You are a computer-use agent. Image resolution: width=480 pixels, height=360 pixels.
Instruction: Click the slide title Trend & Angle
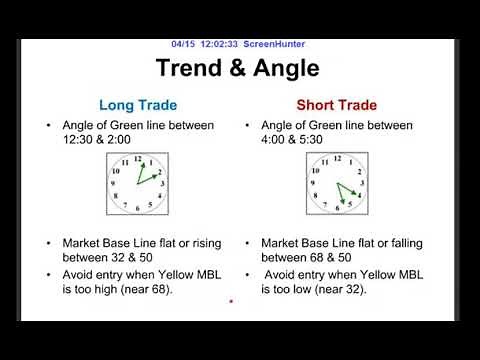[x=237, y=68]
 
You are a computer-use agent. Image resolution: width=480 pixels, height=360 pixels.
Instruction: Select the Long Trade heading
[x=137, y=104]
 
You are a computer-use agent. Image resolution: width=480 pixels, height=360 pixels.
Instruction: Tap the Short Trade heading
[x=335, y=104]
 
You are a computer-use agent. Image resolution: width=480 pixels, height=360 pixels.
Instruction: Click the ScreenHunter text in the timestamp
[x=275, y=44]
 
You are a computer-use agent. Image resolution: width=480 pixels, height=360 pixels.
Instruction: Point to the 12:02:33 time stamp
[x=220, y=44]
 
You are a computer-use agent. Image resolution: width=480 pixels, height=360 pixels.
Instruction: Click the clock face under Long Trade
[x=137, y=183]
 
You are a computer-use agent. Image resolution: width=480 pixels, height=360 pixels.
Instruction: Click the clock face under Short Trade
[x=337, y=183]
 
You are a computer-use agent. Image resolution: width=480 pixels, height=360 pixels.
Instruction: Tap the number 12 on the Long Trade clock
[x=137, y=160]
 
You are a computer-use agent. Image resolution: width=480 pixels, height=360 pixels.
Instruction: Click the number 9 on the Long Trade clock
[x=114, y=184]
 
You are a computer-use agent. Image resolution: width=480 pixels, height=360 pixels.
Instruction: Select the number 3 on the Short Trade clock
[x=360, y=184]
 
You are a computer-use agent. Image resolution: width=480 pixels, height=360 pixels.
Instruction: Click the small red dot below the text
[x=231, y=301]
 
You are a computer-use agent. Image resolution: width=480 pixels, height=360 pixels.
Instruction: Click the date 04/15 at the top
[x=183, y=44]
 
